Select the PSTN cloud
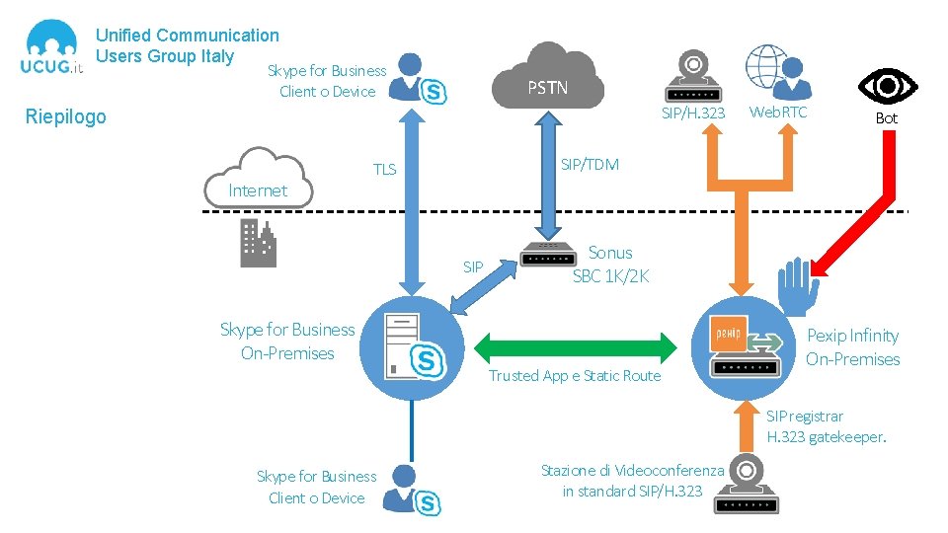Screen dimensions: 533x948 [547, 79]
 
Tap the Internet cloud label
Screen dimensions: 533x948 [258, 190]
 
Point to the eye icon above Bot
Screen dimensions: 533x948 [887, 87]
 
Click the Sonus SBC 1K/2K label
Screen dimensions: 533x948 [611, 265]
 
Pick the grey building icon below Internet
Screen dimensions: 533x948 [259, 243]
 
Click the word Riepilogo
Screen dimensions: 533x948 [65, 117]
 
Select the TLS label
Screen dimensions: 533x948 [384, 170]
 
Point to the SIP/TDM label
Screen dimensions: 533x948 [590, 164]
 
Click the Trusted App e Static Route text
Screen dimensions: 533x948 [575, 376]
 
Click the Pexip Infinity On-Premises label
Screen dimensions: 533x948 [852, 347]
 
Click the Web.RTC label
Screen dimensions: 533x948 [778, 113]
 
